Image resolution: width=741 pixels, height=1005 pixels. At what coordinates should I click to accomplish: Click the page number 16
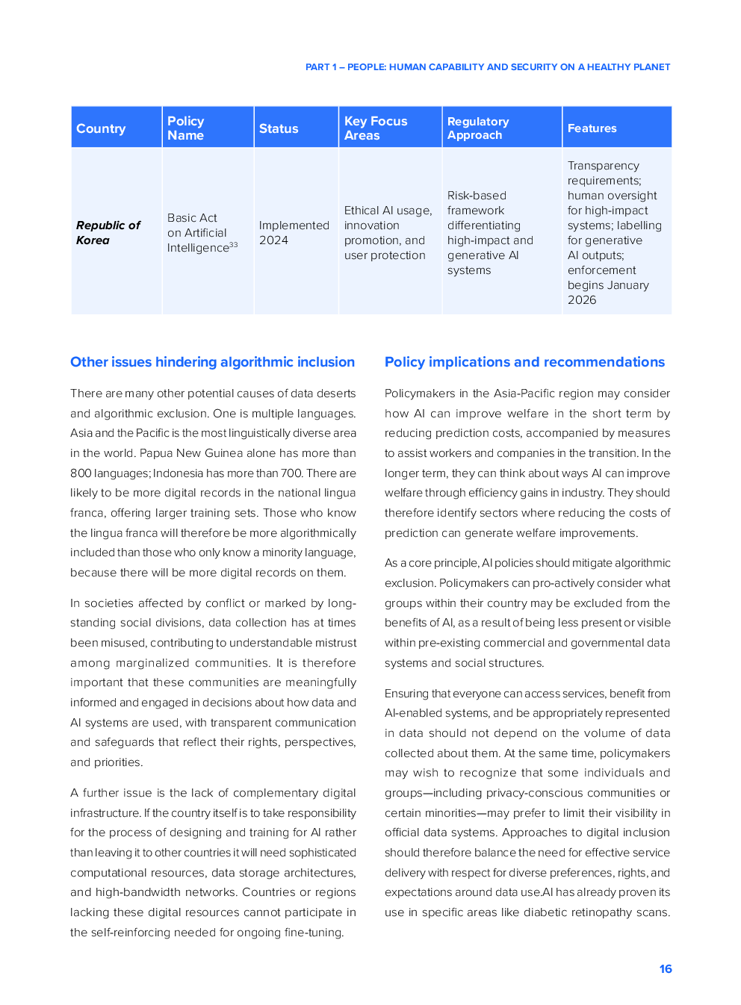tap(666, 968)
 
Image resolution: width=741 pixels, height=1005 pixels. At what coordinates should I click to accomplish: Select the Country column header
tap(101, 128)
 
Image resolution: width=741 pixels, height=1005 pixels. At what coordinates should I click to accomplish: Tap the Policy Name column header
tap(186, 128)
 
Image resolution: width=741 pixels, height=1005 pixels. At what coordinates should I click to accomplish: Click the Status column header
tap(279, 128)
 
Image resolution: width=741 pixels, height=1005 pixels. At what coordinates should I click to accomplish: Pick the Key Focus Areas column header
tap(376, 128)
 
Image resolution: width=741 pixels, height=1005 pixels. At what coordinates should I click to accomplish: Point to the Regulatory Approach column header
tap(478, 128)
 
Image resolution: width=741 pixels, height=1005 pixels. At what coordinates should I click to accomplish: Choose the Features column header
tap(592, 128)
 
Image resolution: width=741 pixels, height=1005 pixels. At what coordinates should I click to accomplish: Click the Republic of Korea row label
tap(108, 232)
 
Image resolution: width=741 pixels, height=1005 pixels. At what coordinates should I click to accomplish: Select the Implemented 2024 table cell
tap(294, 232)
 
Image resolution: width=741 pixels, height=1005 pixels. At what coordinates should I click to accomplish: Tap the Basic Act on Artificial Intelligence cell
tap(197, 232)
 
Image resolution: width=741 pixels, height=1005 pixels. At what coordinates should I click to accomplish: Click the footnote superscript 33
tap(234, 244)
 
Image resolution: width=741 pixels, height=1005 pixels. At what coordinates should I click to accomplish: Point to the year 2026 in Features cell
tap(582, 300)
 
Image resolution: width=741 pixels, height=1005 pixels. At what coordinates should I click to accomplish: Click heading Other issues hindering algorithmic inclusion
tap(212, 362)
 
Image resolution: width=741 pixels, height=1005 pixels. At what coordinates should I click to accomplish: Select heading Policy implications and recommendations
tap(524, 362)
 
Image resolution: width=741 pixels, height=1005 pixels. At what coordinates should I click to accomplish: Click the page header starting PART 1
tap(488, 67)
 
